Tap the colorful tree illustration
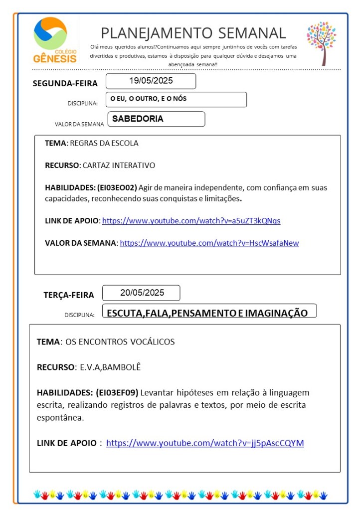(x=322, y=42)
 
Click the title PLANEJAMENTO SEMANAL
(x=193, y=33)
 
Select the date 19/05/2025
(x=151, y=81)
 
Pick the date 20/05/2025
(x=142, y=293)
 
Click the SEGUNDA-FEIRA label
(x=65, y=83)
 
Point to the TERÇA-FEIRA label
(x=68, y=295)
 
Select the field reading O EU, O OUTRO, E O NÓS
(x=149, y=99)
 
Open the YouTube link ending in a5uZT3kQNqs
(x=194, y=220)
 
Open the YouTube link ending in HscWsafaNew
(x=209, y=243)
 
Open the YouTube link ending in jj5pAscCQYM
(x=205, y=443)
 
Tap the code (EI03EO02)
(x=117, y=187)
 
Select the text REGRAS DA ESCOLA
(x=104, y=143)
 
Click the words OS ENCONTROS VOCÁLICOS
(x=120, y=342)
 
